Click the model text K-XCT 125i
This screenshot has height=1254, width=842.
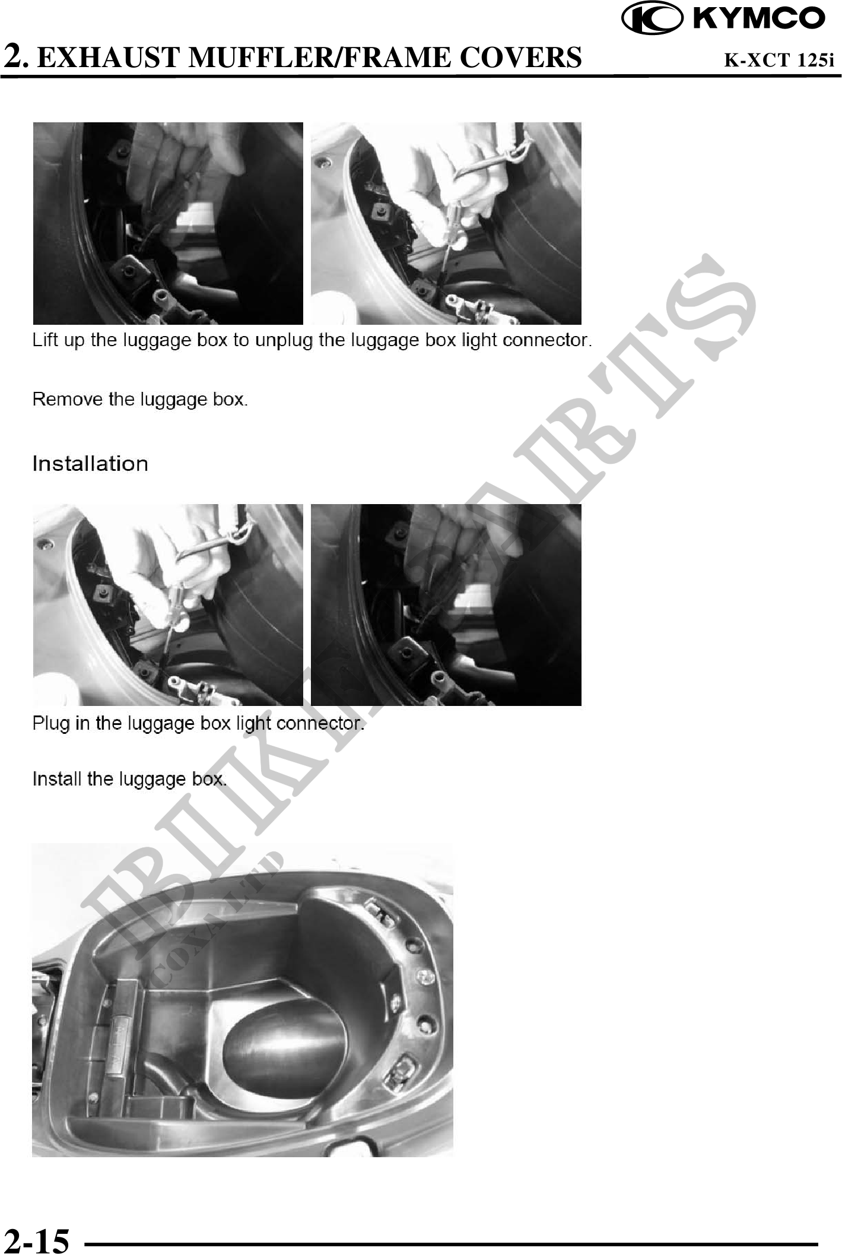click(x=779, y=60)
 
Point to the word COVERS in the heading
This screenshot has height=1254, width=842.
click(x=520, y=57)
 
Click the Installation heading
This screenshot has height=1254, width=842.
click(x=90, y=464)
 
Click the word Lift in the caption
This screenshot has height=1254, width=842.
click(x=44, y=340)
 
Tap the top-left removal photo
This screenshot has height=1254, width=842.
click(x=168, y=223)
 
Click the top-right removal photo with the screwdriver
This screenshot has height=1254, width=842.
click(x=446, y=223)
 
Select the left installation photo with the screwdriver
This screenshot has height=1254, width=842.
click(x=168, y=605)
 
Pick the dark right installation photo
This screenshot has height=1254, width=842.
click(x=446, y=605)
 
